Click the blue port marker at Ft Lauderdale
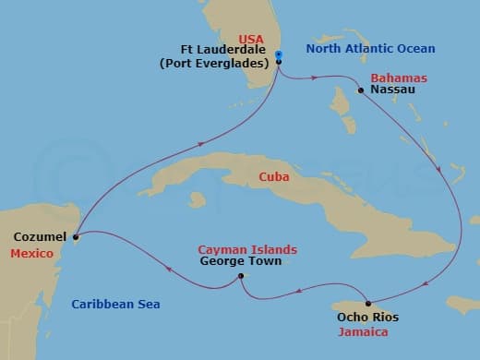pos(279,62)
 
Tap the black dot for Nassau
pos(360,90)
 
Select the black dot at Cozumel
pos(76,237)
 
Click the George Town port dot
pos(240,276)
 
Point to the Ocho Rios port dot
pos(368,304)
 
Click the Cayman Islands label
pos(247,249)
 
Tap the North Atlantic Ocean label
pos(371,48)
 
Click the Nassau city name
pos(391,90)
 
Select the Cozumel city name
pos(39,237)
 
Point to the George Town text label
pos(236,261)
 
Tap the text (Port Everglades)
pos(219,63)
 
